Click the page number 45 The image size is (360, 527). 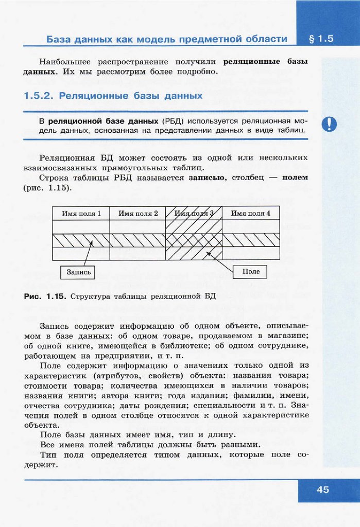pyautogui.click(x=322, y=489)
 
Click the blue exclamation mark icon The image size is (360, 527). pyautogui.click(x=329, y=124)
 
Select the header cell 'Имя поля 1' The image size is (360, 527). pyautogui.click(x=81, y=213)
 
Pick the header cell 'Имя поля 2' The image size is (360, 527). pyautogui.click(x=138, y=213)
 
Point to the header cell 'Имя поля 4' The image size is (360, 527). pyautogui.click(x=250, y=213)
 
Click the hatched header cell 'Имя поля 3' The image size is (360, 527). pyautogui.click(x=194, y=213)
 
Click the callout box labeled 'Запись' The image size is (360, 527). pyautogui.click(x=78, y=271)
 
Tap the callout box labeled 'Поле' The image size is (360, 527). pyautogui.click(x=251, y=271)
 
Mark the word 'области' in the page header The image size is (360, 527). pyautogui.click(x=267, y=39)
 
